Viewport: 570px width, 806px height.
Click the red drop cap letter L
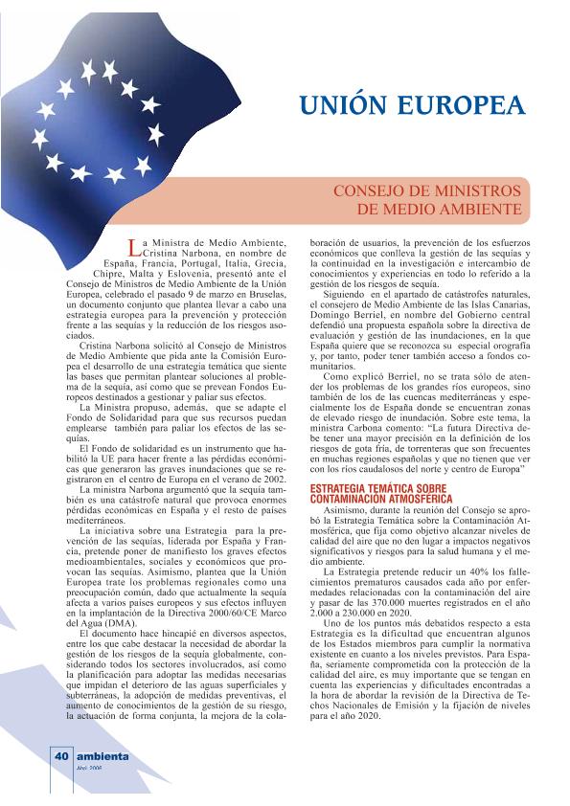[133, 250]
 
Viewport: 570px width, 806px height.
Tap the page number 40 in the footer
[60, 756]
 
